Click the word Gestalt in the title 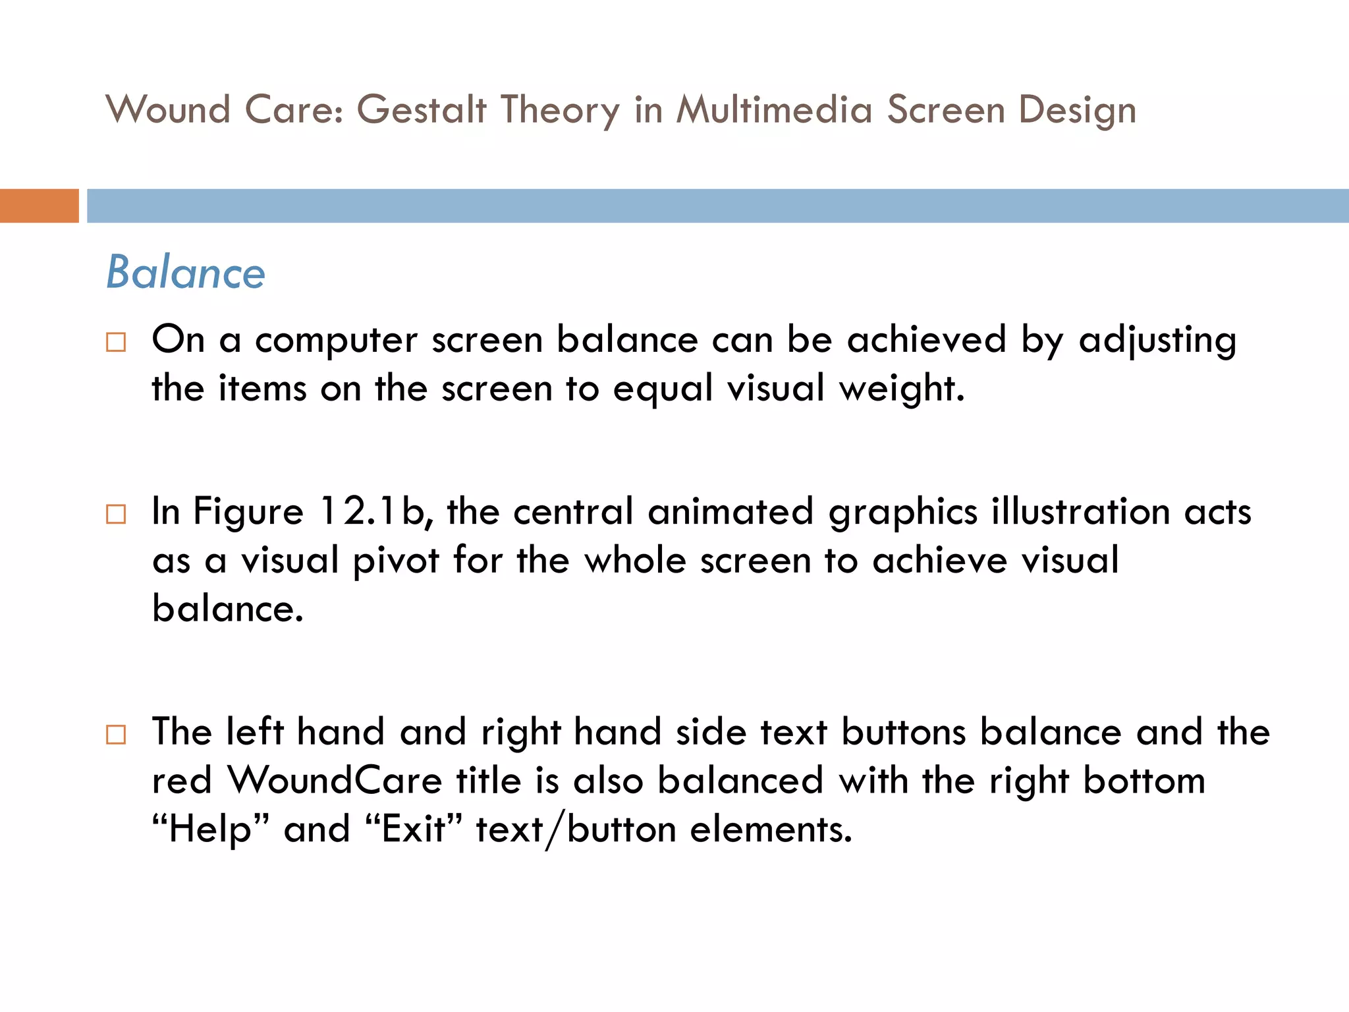click(x=422, y=110)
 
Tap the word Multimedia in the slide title click(x=775, y=110)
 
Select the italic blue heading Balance click(x=186, y=272)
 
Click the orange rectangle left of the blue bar click(x=39, y=206)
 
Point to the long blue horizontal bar click(x=717, y=206)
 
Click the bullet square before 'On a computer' click(x=116, y=342)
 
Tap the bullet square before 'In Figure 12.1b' click(x=116, y=514)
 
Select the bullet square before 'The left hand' click(x=116, y=734)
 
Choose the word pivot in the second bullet click(x=396, y=561)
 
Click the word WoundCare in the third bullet click(x=335, y=781)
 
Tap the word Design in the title click(x=1077, y=110)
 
